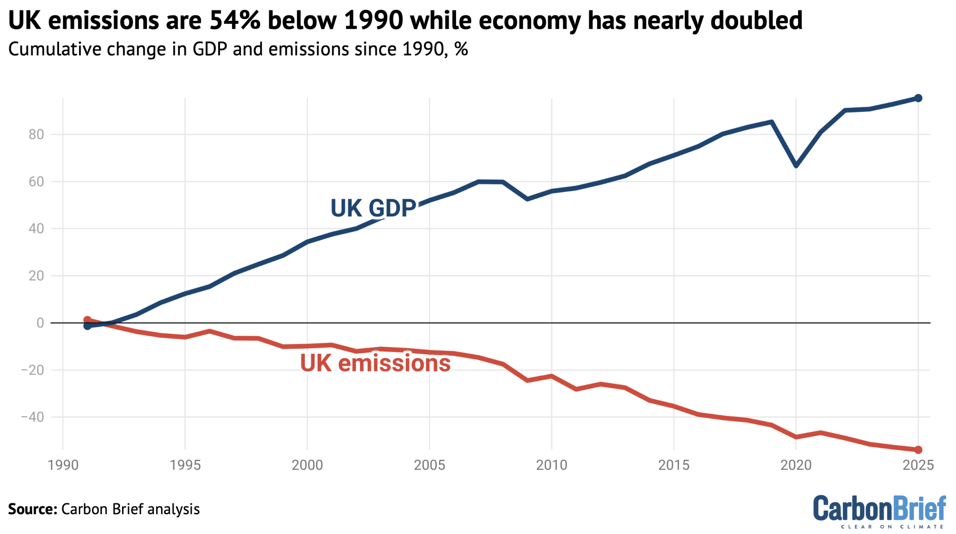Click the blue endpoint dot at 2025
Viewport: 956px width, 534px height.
918,98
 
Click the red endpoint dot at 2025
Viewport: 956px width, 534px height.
918,450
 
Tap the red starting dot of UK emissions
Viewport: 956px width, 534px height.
87,320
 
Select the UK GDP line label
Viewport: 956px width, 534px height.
373,208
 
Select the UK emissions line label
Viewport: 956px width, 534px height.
375,363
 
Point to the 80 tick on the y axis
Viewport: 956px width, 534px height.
36,135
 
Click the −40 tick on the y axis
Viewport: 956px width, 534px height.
32,417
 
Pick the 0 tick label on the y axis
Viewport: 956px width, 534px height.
40,323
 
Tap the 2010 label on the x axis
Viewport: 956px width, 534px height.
552,465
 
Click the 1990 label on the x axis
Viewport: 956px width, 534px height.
63,465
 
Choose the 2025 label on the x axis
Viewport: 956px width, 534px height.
918,465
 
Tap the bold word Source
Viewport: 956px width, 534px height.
32,509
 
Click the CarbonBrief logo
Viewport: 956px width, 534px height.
879,511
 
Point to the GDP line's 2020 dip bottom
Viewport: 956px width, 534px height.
796,165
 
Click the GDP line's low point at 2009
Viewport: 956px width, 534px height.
527,199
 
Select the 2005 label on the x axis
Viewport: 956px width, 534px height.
429,465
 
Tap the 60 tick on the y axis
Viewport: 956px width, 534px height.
36,182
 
